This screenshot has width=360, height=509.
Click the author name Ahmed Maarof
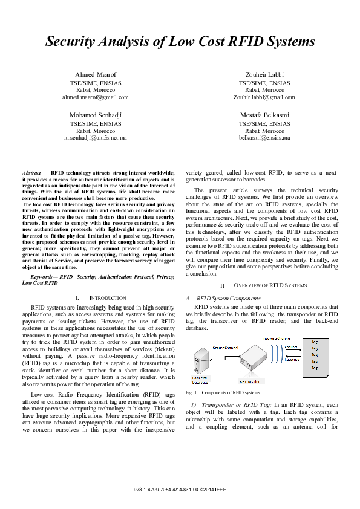point(95,74)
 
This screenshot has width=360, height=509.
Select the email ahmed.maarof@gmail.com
point(95,97)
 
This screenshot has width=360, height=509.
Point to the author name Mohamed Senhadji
point(95,115)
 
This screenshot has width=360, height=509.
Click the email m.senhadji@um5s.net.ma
point(95,138)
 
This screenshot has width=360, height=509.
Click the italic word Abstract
point(31,172)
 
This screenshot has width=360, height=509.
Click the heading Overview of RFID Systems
point(268,285)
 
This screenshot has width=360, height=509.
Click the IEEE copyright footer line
point(180,488)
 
